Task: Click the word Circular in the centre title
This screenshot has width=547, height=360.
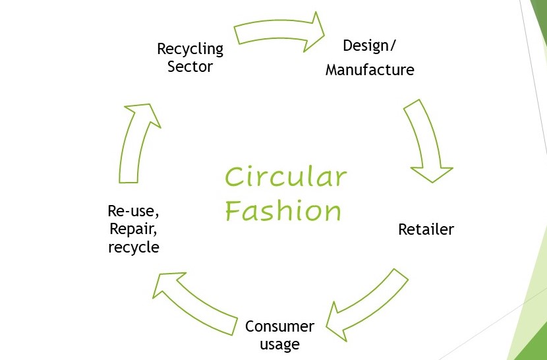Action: point(285,177)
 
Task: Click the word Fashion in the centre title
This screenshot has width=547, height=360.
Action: point(283,211)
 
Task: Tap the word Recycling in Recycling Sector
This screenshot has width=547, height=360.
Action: point(190,49)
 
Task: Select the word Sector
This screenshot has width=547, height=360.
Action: point(190,67)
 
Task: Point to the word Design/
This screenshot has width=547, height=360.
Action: point(371,45)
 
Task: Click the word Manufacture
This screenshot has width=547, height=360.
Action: point(370,69)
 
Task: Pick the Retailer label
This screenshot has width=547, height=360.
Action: point(426,229)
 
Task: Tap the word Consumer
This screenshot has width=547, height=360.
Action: point(279,326)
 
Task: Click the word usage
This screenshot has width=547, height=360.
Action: point(279,344)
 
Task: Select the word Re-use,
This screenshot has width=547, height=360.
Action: point(133,212)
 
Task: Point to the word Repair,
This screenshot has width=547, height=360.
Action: point(133,229)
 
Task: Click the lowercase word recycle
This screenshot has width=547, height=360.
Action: point(133,247)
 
